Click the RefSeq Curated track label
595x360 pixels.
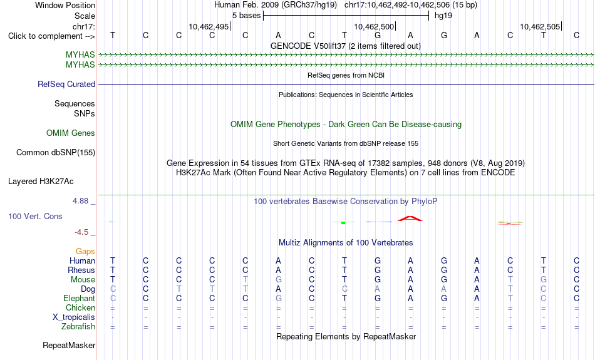click(66, 85)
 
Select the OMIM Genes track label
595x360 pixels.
click(71, 133)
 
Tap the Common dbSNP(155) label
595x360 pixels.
click(56, 153)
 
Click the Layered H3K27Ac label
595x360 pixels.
click(41, 182)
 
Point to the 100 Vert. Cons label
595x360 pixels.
click(35, 216)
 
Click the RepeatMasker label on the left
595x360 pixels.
click(69, 345)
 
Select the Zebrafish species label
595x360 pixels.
click(78, 327)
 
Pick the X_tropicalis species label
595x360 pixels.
click(74, 317)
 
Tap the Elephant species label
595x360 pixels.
click(80, 299)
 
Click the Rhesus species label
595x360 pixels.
click(81, 270)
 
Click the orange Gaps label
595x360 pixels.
click(85, 252)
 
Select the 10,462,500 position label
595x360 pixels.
click(374, 26)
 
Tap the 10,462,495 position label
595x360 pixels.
click(209, 26)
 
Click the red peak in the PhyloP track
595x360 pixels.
click(410, 218)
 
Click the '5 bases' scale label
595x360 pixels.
click(247, 16)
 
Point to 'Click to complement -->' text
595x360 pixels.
click(51, 36)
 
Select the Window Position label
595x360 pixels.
click(65, 5)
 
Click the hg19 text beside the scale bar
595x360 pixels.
click(443, 16)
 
